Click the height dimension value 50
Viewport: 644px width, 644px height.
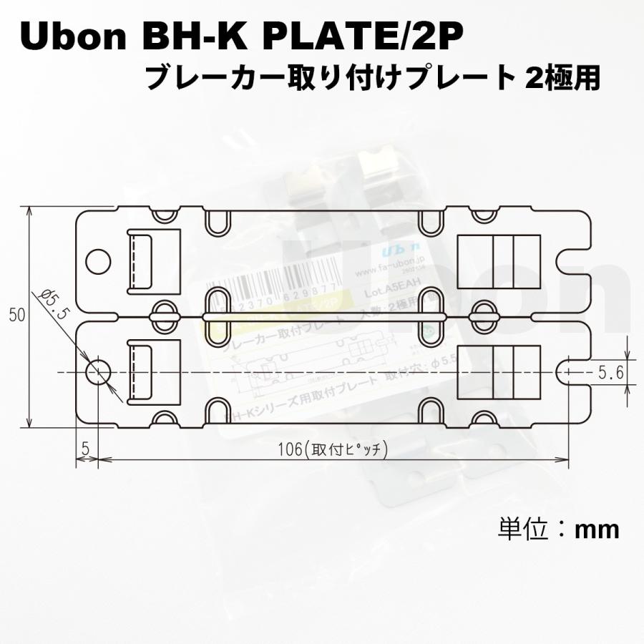14,316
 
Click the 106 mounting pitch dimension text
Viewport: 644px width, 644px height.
333,449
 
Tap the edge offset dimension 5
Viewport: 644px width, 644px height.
85,449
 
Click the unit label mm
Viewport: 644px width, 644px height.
597,530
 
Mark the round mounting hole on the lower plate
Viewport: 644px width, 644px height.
98,372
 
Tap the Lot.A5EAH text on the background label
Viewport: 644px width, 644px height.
389,293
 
